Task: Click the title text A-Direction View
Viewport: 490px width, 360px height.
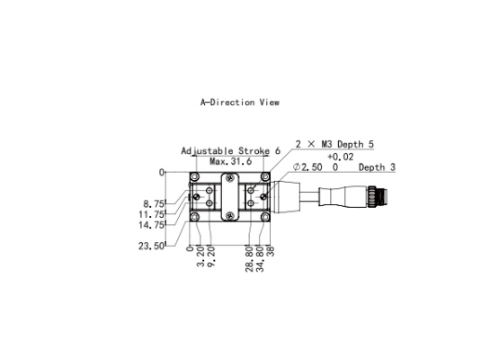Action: click(x=240, y=103)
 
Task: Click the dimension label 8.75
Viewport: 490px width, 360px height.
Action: click(x=154, y=204)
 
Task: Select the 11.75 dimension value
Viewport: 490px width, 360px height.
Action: click(x=151, y=214)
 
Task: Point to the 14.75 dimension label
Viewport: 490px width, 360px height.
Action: click(x=151, y=225)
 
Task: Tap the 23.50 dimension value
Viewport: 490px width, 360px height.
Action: click(x=151, y=246)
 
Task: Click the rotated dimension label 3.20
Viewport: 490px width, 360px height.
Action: click(x=200, y=256)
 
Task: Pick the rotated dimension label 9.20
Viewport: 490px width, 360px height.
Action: click(x=211, y=256)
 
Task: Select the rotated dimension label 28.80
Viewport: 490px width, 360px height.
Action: click(x=249, y=259)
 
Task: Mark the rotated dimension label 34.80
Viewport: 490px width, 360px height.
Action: click(x=260, y=259)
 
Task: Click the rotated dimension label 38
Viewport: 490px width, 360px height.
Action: click(x=271, y=251)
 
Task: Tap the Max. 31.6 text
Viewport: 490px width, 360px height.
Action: click(x=231, y=161)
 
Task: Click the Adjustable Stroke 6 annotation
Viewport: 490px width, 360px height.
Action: click(x=231, y=151)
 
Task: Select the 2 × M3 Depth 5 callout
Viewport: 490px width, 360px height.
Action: click(x=334, y=144)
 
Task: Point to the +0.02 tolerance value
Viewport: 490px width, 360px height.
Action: click(x=341, y=157)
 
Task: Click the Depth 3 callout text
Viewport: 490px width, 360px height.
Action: click(x=377, y=167)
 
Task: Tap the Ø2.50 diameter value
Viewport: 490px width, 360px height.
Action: click(x=307, y=167)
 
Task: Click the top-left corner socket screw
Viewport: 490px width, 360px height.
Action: click(x=195, y=176)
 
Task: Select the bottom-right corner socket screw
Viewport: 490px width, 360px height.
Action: click(x=265, y=217)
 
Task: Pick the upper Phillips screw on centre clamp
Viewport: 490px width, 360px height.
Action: click(x=230, y=178)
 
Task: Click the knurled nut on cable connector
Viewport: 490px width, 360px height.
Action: click(x=372, y=196)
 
